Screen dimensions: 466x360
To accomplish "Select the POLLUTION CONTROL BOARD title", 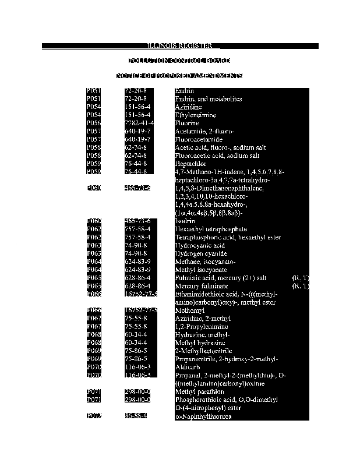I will coord(179,61).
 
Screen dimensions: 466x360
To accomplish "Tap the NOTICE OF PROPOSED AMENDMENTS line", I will coord(179,76).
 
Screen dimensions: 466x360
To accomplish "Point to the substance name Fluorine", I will coord(187,123).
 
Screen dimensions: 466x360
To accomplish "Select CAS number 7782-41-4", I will coord(139,123).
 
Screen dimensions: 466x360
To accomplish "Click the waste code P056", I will coord(94,123).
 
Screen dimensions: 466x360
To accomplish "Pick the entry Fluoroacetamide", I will coord(199,140).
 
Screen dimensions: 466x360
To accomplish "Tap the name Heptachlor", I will coord(190,164).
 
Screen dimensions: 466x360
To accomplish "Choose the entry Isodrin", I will coord(185,221).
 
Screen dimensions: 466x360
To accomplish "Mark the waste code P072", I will coord(94,417).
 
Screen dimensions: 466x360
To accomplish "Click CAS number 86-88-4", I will coord(136,417).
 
